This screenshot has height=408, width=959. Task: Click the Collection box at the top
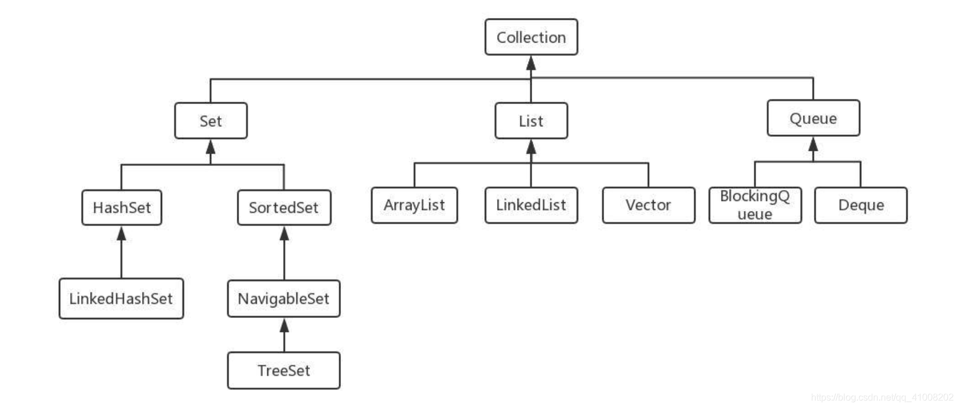coord(531,37)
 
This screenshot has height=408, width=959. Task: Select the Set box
coord(211,121)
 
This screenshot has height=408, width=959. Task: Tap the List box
coord(531,121)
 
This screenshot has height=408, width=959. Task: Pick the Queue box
coord(813,118)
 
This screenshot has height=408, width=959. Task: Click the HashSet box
coord(122,208)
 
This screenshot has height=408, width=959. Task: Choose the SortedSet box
coord(284,208)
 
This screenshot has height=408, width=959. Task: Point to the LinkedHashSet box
coord(121,299)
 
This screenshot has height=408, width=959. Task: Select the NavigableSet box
coord(284,299)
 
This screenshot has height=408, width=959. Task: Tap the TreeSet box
coord(284,371)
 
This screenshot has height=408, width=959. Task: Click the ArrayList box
coord(414,205)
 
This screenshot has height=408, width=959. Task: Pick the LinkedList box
coord(531,205)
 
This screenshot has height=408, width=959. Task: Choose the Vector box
coord(648,205)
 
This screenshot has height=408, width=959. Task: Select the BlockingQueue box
coord(755,205)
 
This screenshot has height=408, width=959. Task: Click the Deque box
coord(861,205)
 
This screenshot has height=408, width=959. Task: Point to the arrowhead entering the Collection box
coord(531,62)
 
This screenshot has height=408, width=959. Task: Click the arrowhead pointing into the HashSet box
coord(122,233)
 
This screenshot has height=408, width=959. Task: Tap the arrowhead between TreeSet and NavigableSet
coord(284,325)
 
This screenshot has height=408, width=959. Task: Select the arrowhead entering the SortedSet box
coord(284,233)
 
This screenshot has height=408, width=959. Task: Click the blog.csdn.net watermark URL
coord(882,397)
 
